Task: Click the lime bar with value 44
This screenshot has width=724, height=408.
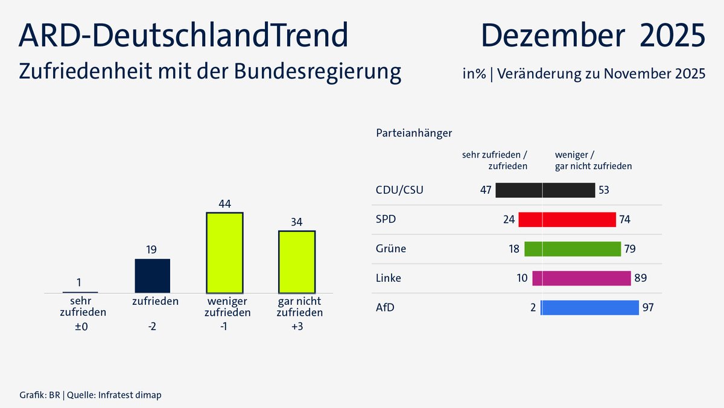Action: coord(224,252)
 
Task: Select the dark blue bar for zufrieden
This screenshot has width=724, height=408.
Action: coord(153,276)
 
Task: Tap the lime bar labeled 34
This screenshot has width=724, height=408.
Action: coord(296,261)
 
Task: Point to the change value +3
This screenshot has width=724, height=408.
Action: coord(296,327)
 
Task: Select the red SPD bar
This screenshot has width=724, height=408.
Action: coord(567,219)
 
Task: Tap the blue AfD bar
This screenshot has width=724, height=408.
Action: coord(589,308)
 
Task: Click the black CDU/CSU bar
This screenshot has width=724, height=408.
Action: coord(545,190)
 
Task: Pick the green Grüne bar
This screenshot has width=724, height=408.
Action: coord(573,249)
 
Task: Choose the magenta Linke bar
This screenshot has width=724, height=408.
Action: coord(582,278)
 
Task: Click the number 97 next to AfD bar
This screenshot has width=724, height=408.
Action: coord(649,308)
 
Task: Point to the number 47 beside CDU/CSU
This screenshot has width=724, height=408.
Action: coord(486,191)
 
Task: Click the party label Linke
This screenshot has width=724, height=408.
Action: coord(388,278)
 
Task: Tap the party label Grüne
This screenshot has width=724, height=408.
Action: coord(391,249)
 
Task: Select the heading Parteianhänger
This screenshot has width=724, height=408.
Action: coord(414,132)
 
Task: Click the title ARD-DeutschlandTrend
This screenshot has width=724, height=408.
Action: coord(183,36)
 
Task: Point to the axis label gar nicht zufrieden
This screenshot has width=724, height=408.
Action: coord(299,307)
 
